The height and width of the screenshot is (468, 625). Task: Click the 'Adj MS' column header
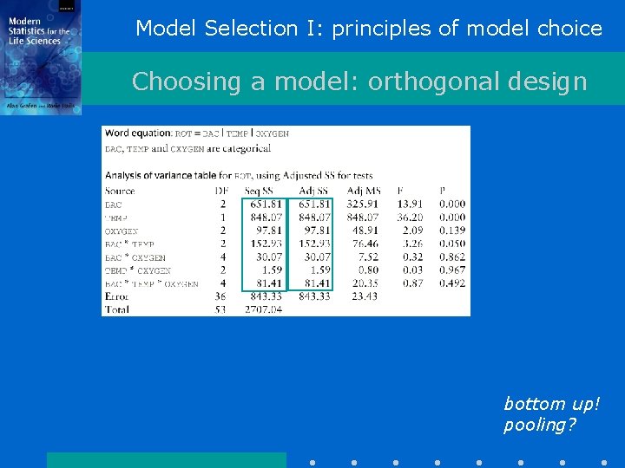tap(363, 191)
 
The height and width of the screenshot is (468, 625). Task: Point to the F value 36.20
tap(410, 218)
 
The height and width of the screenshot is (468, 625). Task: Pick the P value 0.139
tap(451, 231)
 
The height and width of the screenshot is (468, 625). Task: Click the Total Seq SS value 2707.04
tap(263, 309)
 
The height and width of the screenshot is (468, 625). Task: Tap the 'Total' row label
tap(118, 309)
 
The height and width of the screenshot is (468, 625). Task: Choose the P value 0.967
tap(451, 270)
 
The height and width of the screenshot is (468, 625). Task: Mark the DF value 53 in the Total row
tap(220, 309)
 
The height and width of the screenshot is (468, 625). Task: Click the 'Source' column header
tap(120, 191)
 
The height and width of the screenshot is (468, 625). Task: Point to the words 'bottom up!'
tap(551, 404)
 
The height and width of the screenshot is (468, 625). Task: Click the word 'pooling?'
tap(539, 426)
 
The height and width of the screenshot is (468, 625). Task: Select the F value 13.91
tap(410, 204)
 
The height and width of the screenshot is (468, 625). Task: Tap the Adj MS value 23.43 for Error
tap(365, 296)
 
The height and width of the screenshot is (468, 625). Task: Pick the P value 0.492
tap(451, 283)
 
